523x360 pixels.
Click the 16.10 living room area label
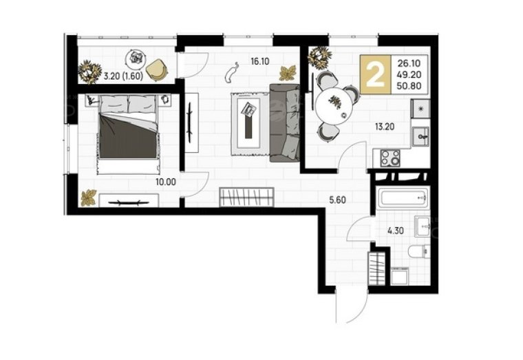pyautogui.click(x=260, y=61)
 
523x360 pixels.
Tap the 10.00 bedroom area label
pyautogui.click(x=166, y=182)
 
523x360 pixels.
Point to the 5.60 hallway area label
pyautogui.click(x=337, y=200)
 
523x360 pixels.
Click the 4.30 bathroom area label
pyautogui.click(x=395, y=231)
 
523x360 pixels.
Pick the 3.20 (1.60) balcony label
pyautogui.click(x=123, y=76)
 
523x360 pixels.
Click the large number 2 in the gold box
pyautogui.click(x=375, y=75)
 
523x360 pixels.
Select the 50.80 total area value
pyautogui.click(x=409, y=86)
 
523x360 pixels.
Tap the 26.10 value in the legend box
pyautogui.click(x=409, y=63)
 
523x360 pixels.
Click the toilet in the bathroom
pyautogui.click(x=418, y=251)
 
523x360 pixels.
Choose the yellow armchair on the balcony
pyautogui.click(x=158, y=69)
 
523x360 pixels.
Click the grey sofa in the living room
pyautogui.click(x=284, y=123)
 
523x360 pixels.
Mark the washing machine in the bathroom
pyautogui.click(x=400, y=275)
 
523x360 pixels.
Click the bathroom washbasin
pyautogui.click(x=422, y=226)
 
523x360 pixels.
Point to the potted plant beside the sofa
pyautogui.click(x=288, y=73)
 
